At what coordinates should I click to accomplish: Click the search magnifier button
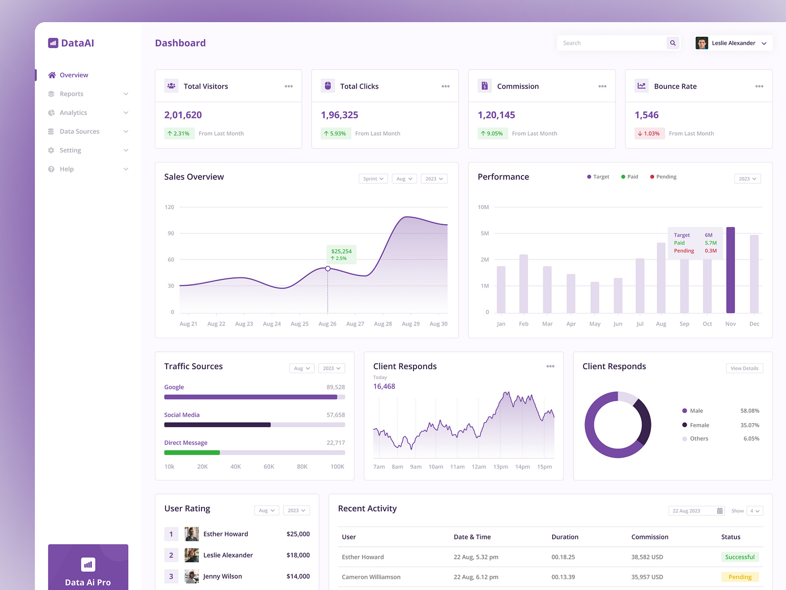[x=673, y=43]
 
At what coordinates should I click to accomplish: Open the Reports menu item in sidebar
[x=72, y=94]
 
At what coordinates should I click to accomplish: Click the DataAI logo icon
[x=53, y=43]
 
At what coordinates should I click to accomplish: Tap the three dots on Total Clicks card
[x=445, y=87]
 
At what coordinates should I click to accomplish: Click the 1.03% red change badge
[x=649, y=134]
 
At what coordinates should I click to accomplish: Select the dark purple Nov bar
[x=730, y=270]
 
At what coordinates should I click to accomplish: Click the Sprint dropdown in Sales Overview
[x=373, y=179]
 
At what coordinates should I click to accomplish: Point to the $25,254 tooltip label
[x=341, y=252]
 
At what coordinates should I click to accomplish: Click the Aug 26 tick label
[x=327, y=324]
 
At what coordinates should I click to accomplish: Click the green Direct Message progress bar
[x=192, y=452]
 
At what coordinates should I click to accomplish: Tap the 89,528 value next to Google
[x=336, y=387]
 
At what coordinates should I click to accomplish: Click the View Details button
[x=744, y=368]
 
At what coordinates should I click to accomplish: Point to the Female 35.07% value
[x=750, y=425]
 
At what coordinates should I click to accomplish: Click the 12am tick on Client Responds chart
[x=478, y=467]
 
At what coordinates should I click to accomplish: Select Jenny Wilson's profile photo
[x=192, y=576]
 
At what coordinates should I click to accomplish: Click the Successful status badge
[x=739, y=557]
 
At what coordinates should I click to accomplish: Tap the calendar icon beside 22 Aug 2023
[x=720, y=511]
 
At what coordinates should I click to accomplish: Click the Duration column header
[x=565, y=537]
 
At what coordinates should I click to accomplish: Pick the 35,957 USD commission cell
[x=647, y=577]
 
